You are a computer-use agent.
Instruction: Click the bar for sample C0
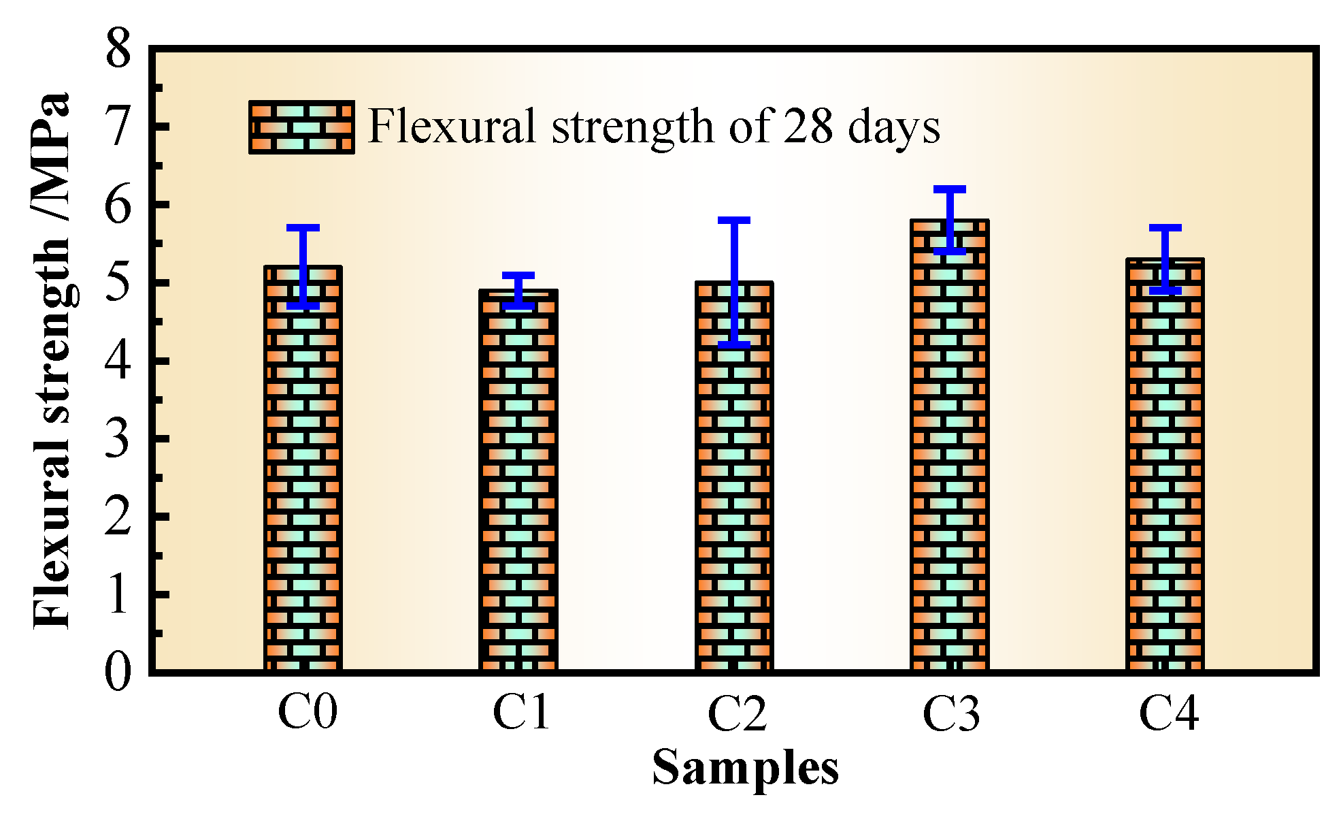303,477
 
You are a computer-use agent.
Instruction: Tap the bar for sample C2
734,490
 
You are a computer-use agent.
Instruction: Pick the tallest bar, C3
950,449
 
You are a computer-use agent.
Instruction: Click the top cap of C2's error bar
734,221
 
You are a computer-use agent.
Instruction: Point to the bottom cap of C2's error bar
734,344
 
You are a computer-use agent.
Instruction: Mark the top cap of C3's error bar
950,189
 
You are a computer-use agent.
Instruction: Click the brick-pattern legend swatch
301,127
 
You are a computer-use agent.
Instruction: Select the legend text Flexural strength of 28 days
653,127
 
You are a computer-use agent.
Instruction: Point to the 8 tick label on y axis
118,49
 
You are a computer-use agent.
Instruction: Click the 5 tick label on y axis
118,283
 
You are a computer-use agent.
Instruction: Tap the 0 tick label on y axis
118,673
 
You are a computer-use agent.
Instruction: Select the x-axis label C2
737,714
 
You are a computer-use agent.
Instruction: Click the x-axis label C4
1168,714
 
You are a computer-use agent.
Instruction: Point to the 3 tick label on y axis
118,439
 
